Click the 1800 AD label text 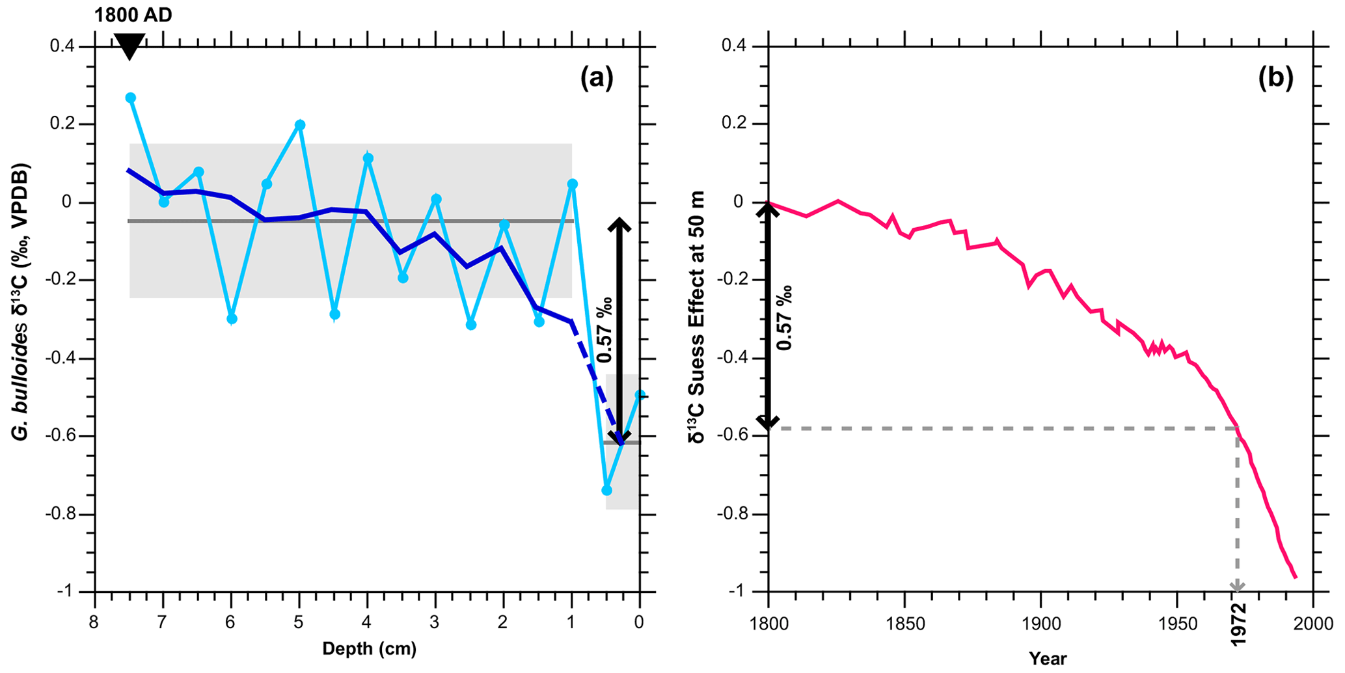coord(133,14)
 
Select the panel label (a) coord(597,79)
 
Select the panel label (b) coord(1275,79)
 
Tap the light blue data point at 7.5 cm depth coord(130,98)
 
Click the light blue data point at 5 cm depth coord(300,125)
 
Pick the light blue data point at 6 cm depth coord(232,319)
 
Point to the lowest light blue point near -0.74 coord(606,490)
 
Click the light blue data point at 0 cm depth coord(640,394)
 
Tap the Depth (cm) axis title coord(369,649)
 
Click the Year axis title coord(1048,659)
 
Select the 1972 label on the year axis coord(1238,624)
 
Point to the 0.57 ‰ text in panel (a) coord(605,330)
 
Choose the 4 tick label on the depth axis coord(367,623)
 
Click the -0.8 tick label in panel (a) coord(59,514)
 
